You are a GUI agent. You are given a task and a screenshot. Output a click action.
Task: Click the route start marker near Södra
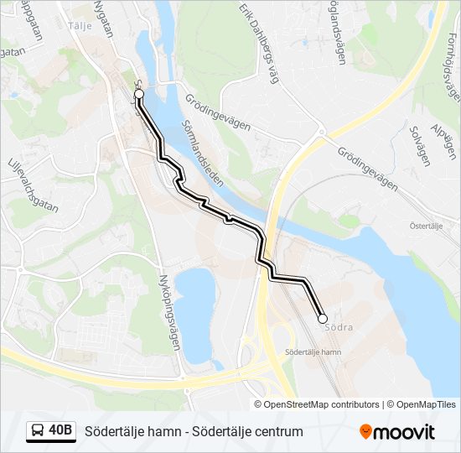pos(323,319)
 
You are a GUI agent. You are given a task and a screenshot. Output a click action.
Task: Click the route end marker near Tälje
pos(139,95)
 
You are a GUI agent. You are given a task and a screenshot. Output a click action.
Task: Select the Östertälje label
pos(425,226)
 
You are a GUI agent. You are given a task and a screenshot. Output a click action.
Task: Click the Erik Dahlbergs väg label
pos(258,43)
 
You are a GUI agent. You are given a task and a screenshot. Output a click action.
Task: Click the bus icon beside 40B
pos(39,431)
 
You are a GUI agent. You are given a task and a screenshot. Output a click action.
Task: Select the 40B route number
pos(61,431)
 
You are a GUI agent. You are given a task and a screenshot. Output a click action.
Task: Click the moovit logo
pos(397,432)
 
